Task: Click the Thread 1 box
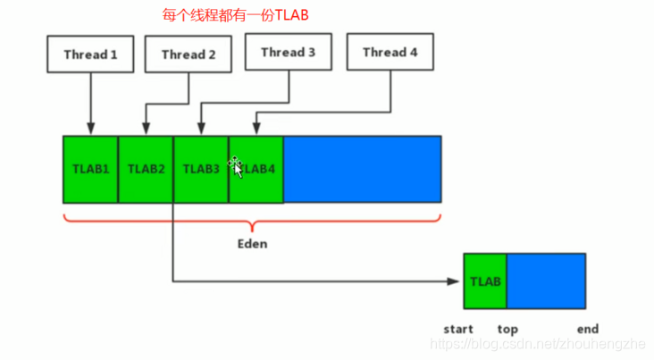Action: (x=90, y=54)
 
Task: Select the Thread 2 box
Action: (x=189, y=54)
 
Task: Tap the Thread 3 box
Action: (x=288, y=53)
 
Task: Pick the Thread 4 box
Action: (x=390, y=53)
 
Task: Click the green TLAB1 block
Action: (x=90, y=169)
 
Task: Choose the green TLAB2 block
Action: (x=146, y=169)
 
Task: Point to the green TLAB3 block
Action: (x=201, y=169)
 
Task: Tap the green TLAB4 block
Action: (x=256, y=169)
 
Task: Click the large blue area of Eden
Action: (x=362, y=169)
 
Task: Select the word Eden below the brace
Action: (x=251, y=243)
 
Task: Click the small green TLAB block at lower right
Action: (x=485, y=281)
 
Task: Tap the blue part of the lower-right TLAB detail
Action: (x=546, y=281)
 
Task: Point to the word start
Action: (x=457, y=330)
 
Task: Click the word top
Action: (x=507, y=330)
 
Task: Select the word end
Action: (x=587, y=330)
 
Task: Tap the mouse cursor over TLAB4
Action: (x=236, y=165)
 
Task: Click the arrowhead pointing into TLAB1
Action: (x=90, y=130)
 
